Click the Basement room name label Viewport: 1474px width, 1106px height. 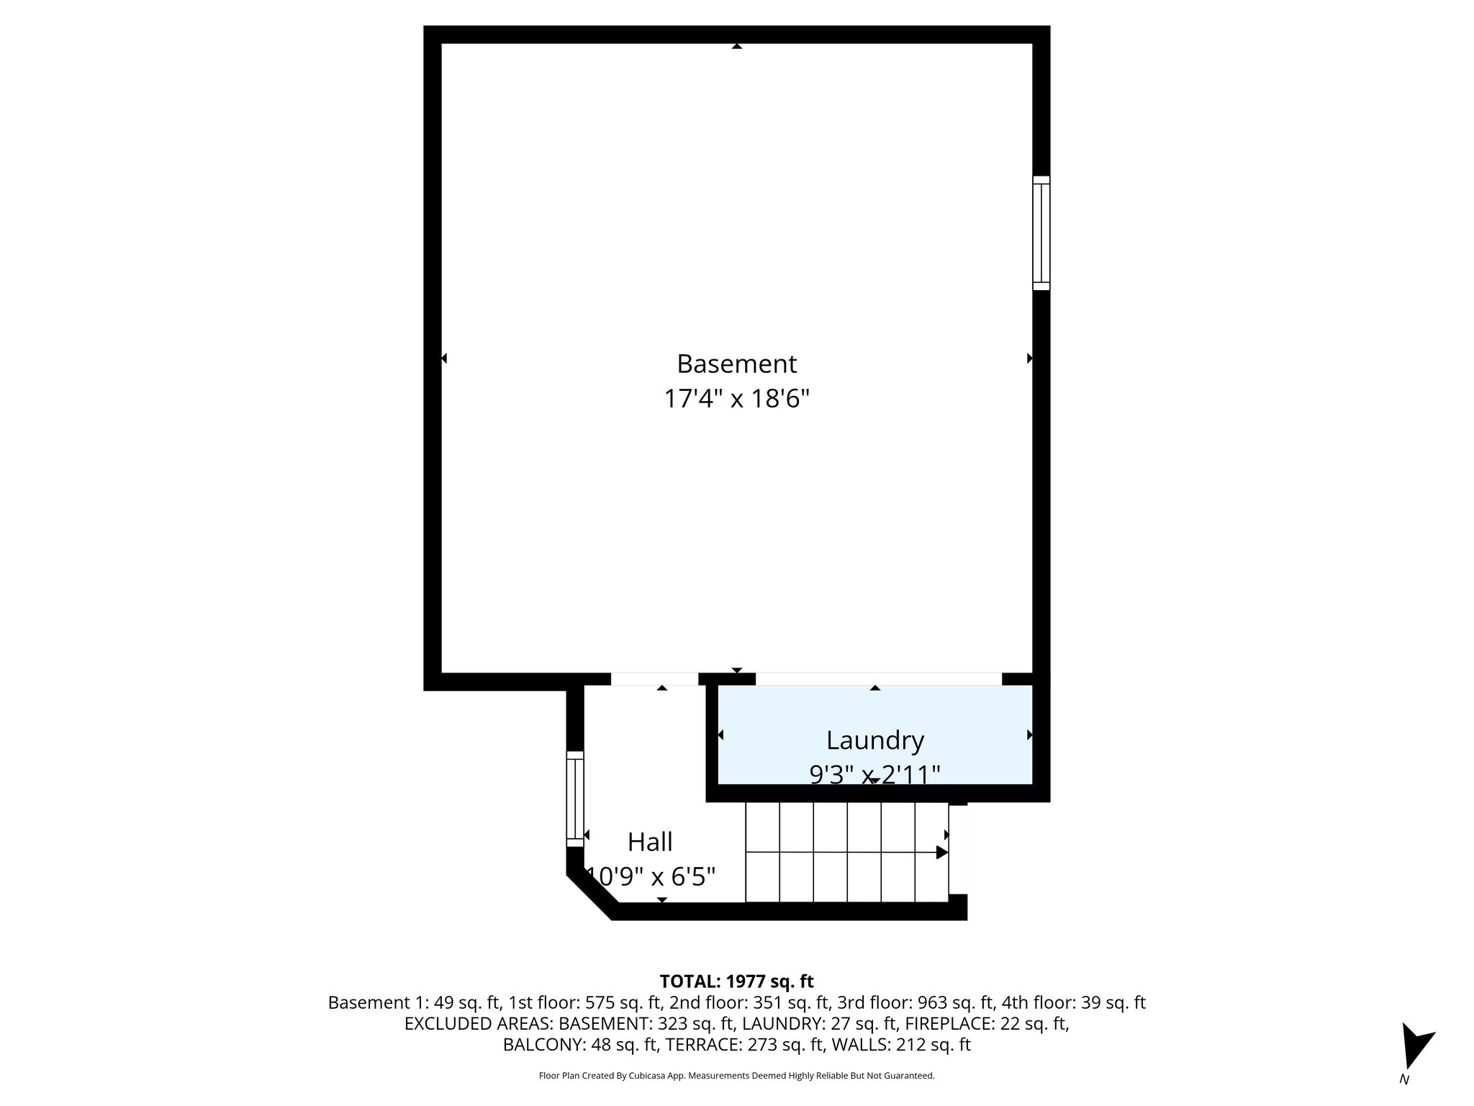pos(736,364)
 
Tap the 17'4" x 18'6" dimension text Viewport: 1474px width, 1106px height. pos(736,398)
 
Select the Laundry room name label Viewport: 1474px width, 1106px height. pos(874,740)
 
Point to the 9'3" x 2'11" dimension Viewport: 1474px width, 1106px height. pos(874,774)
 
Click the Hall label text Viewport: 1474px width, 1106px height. pos(650,842)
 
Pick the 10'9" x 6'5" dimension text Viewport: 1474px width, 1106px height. pos(651,876)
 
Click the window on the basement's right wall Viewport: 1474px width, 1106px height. pos(1041,233)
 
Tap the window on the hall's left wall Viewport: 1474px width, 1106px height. pos(574,799)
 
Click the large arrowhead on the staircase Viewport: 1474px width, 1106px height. pos(941,853)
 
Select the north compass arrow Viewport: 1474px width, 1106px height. pos(1416,1048)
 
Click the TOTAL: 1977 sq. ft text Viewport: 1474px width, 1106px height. pos(736,981)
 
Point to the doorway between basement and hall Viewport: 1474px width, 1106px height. pos(654,679)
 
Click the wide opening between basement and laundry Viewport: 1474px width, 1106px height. pos(878,679)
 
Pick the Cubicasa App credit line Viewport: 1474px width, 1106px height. pos(736,1076)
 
